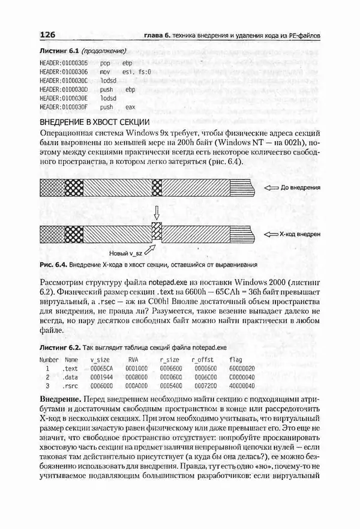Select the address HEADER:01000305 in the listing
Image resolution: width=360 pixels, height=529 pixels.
pyautogui.click(x=63, y=62)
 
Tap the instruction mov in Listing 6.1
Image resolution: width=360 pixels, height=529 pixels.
pyautogui.click(x=106, y=71)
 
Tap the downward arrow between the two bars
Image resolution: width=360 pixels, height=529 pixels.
pyautogui.click(x=157, y=211)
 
